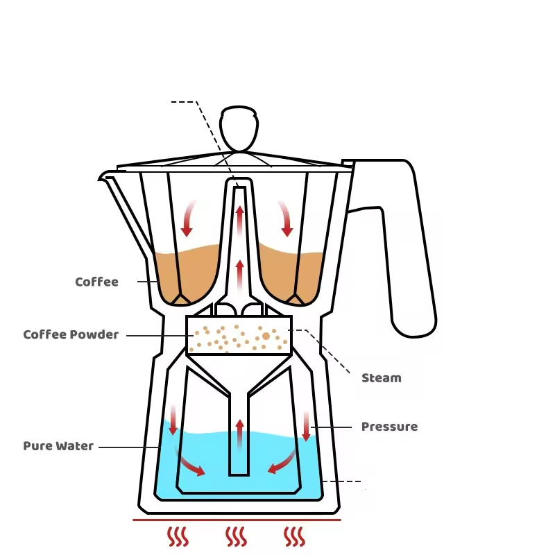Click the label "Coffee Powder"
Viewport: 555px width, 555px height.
point(71,335)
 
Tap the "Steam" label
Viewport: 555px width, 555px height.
point(381,378)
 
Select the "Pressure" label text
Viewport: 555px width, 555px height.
point(389,427)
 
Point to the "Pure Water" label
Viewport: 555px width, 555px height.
point(58,446)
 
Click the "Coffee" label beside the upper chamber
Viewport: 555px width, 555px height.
point(96,282)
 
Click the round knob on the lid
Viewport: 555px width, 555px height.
point(239,128)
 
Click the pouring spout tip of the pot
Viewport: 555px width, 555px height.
point(102,176)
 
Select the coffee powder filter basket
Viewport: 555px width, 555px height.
point(238,336)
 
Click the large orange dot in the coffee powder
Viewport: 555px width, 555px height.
point(266,336)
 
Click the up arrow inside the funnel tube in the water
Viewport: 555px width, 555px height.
point(239,434)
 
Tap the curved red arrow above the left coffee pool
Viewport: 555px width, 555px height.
point(188,218)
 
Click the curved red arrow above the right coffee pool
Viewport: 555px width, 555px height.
point(285,218)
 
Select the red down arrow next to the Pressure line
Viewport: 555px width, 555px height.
point(306,426)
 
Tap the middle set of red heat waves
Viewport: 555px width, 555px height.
point(237,536)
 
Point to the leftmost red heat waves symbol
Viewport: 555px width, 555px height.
point(178,536)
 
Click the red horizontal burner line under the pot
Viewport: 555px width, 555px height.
point(237,519)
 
